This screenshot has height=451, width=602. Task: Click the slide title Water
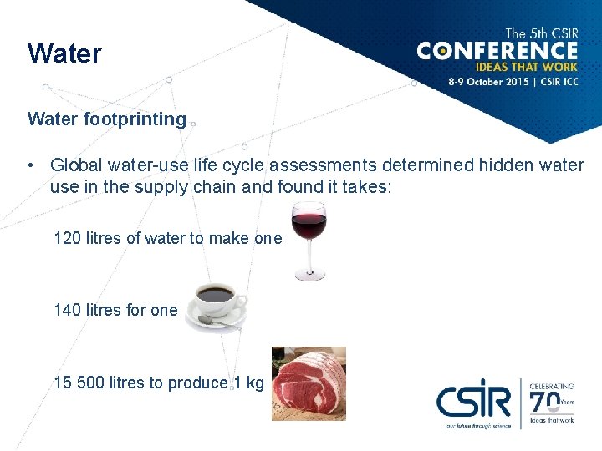(64, 54)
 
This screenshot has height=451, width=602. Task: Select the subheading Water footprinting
(107, 119)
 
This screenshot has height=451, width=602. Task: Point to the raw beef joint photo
(309, 383)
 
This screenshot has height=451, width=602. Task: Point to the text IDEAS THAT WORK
(526, 68)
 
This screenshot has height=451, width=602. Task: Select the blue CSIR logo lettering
(472, 402)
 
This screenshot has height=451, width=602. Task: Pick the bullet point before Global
(31, 166)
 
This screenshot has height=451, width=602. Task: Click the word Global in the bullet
(76, 166)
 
